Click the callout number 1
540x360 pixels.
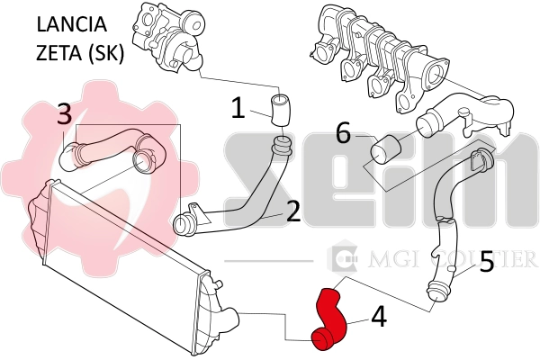(238, 109)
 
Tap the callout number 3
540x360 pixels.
(64, 114)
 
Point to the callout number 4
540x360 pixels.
(379, 317)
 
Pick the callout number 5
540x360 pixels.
(486, 263)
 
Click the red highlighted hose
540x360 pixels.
(329, 319)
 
